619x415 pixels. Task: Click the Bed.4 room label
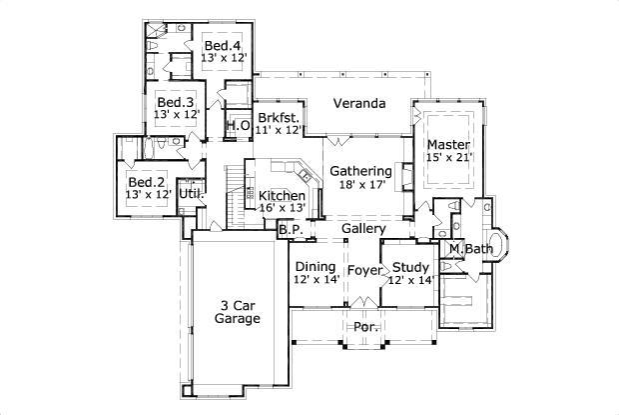pos(223,46)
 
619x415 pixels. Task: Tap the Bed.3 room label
pos(176,102)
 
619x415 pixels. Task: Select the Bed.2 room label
pos(147,181)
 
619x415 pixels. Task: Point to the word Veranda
pos(358,103)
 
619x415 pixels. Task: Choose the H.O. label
pos(238,126)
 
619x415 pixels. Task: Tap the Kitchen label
pos(282,194)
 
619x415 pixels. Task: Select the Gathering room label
pos(360,171)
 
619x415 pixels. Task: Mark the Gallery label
pos(356,229)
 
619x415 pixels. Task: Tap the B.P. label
pos(291,229)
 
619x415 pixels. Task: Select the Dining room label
pos(315,267)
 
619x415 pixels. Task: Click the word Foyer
pos(364,269)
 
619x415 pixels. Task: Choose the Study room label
pos(410,267)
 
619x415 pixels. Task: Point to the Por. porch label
pos(364,327)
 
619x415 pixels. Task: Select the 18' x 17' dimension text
pos(360,185)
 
